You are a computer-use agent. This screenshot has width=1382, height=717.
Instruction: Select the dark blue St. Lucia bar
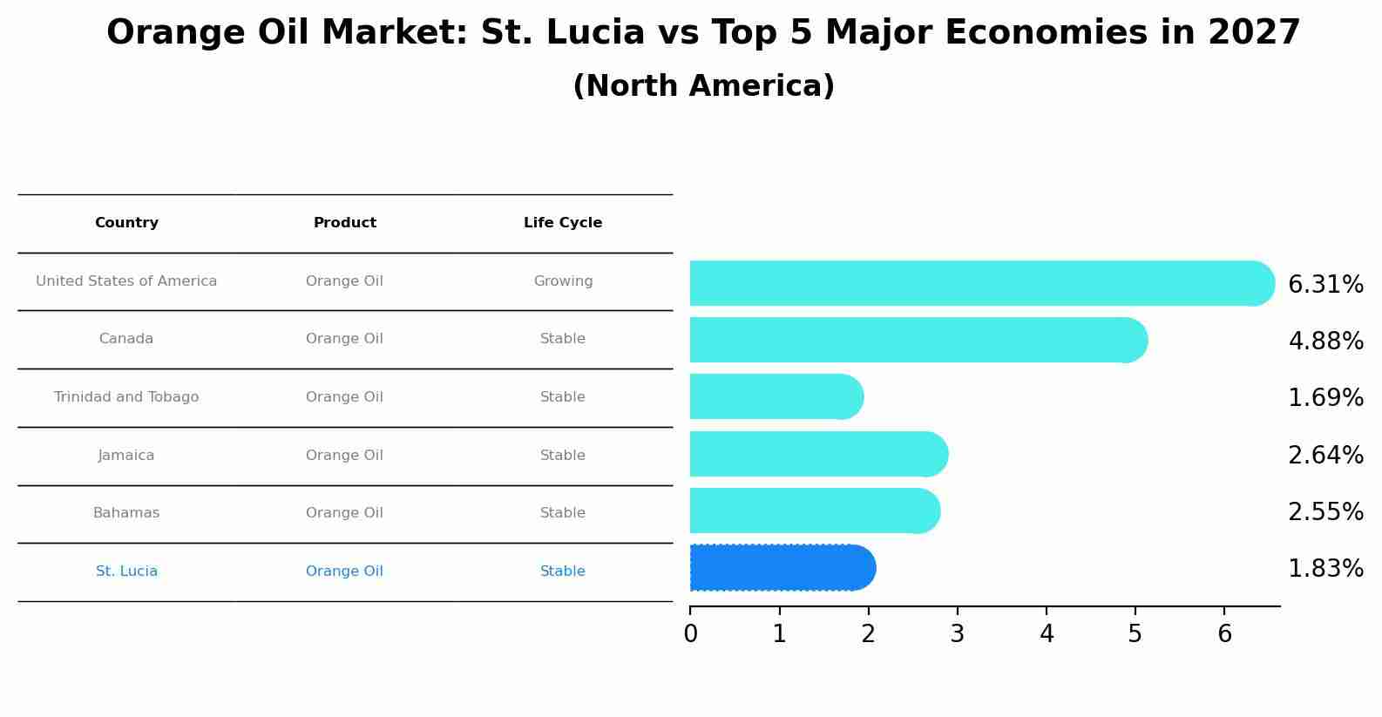(x=782, y=568)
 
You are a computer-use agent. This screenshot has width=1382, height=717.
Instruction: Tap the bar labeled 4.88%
(x=918, y=340)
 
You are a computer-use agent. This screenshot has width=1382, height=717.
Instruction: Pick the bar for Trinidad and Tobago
(x=776, y=396)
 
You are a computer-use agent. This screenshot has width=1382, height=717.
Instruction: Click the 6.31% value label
(x=1325, y=285)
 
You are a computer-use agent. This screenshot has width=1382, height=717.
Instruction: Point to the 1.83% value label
(x=1325, y=569)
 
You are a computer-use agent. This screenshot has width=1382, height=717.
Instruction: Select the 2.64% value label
(x=1325, y=456)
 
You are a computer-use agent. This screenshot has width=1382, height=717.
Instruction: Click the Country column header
(x=126, y=223)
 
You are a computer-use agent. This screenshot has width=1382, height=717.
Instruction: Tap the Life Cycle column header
(x=563, y=223)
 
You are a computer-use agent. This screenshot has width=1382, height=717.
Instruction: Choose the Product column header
(x=345, y=223)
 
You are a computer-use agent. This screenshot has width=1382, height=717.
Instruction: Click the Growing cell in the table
(x=563, y=281)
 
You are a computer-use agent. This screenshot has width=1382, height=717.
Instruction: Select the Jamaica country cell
(x=126, y=456)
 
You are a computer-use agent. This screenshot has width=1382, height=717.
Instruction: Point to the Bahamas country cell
(x=126, y=513)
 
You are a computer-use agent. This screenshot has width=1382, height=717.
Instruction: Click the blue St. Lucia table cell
(x=126, y=572)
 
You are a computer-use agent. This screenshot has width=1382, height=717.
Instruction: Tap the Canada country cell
(x=126, y=339)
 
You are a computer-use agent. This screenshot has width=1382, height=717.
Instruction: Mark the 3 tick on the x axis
(x=957, y=634)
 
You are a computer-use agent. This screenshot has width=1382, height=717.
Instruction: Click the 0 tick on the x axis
(x=690, y=634)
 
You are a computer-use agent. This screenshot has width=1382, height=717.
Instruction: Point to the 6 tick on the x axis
(x=1224, y=634)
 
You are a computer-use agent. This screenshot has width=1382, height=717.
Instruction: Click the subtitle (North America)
(x=703, y=86)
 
